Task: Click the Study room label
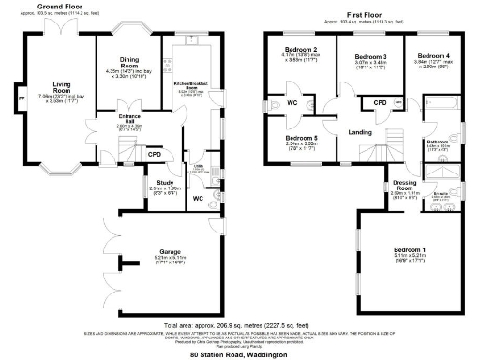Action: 163,182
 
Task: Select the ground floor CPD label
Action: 155,156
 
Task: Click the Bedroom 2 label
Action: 300,49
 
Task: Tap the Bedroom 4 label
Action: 432,55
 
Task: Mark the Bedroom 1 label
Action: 410,249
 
